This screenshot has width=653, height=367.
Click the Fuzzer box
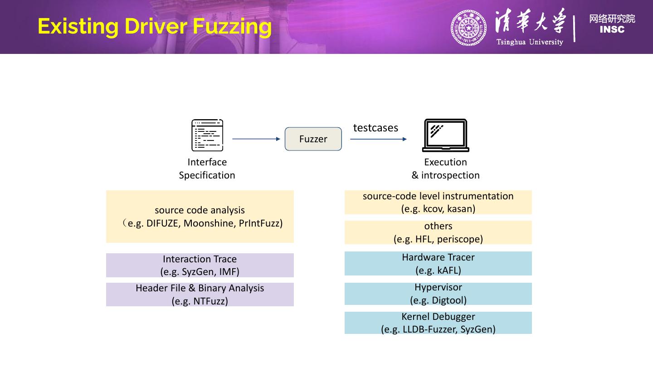click(x=313, y=139)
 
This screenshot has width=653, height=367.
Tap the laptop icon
click(x=445, y=135)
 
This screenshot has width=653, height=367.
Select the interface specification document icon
click(x=207, y=135)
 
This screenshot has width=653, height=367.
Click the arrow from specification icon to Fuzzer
click(x=256, y=139)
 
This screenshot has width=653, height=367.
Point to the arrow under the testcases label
click(x=378, y=139)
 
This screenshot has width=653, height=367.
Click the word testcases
click(x=375, y=128)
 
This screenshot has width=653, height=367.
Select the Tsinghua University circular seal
click(x=469, y=28)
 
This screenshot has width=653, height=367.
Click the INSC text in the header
click(x=612, y=30)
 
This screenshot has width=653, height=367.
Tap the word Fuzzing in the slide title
click(x=232, y=26)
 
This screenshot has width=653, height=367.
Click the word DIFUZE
click(x=163, y=223)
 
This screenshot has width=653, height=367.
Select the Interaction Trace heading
click(x=200, y=259)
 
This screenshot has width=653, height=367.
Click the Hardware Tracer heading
click(x=438, y=257)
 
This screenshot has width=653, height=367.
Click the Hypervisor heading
click(x=438, y=287)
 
